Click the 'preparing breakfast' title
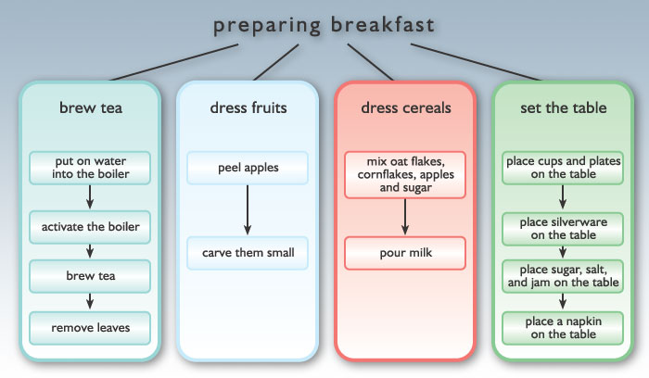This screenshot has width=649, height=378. (x=324, y=26)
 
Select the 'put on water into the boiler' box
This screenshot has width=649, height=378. (x=90, y=168)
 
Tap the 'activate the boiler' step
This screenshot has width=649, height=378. (x=90, y=227)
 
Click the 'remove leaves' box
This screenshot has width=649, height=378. (x=90, y=328)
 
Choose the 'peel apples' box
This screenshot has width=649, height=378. (x=248, y=168)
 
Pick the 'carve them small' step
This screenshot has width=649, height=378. (x=248, y=253)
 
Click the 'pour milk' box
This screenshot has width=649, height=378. (x=405, y=253)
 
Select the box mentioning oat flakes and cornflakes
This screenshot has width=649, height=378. (x=405, y=174)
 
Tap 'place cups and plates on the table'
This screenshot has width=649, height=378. (x=563, y=168)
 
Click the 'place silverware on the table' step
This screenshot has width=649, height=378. (x=563, y=229)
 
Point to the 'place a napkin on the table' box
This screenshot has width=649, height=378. (x=563, y=328)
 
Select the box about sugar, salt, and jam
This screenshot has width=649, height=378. (x=563, y=276)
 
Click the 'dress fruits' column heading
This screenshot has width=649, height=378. (x=248, y=108)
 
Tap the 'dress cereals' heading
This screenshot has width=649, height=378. (x=406, y=108)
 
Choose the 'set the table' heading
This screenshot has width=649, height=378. (x=564, y=108)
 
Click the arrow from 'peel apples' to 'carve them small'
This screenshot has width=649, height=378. (x=248, y=210)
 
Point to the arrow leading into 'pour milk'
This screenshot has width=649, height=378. (x=405, y=217)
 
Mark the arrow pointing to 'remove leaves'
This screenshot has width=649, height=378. (x=90, y=301)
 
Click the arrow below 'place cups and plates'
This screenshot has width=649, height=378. (x=563, y=197)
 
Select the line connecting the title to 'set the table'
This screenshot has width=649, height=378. (x=476, y=62)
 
